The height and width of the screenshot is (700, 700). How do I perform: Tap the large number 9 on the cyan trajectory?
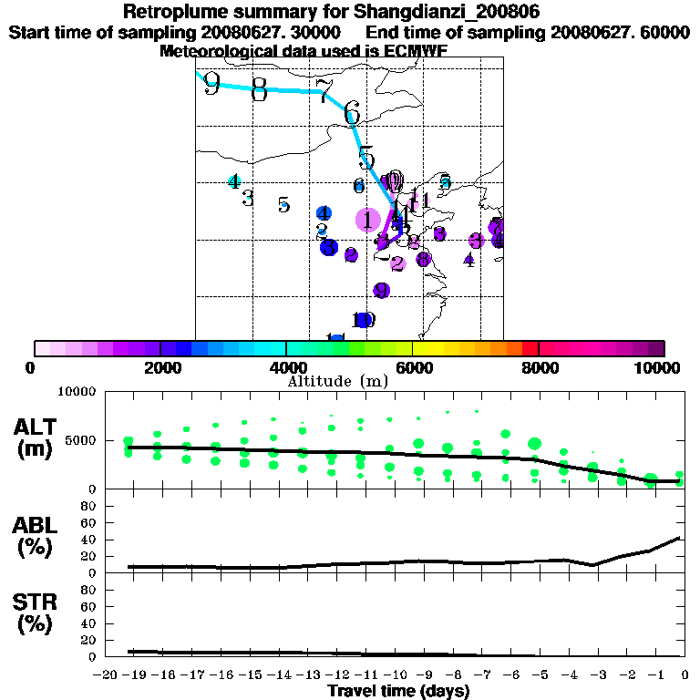click(211, 84)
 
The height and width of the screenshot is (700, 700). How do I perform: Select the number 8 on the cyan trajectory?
click(259, 89)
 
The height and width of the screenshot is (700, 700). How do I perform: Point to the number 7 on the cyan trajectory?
click(324, 91)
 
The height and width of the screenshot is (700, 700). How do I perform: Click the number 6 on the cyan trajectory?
click(352, 113)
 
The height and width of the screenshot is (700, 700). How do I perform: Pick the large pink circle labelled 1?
click(367, 220)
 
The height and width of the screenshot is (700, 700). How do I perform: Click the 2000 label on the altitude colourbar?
click(160, 367)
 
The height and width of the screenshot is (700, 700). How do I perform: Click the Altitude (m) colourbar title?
click(337, 381)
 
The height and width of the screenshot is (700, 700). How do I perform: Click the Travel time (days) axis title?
click(398, 691)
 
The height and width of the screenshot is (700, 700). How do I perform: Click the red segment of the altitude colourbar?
click(530, 348)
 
